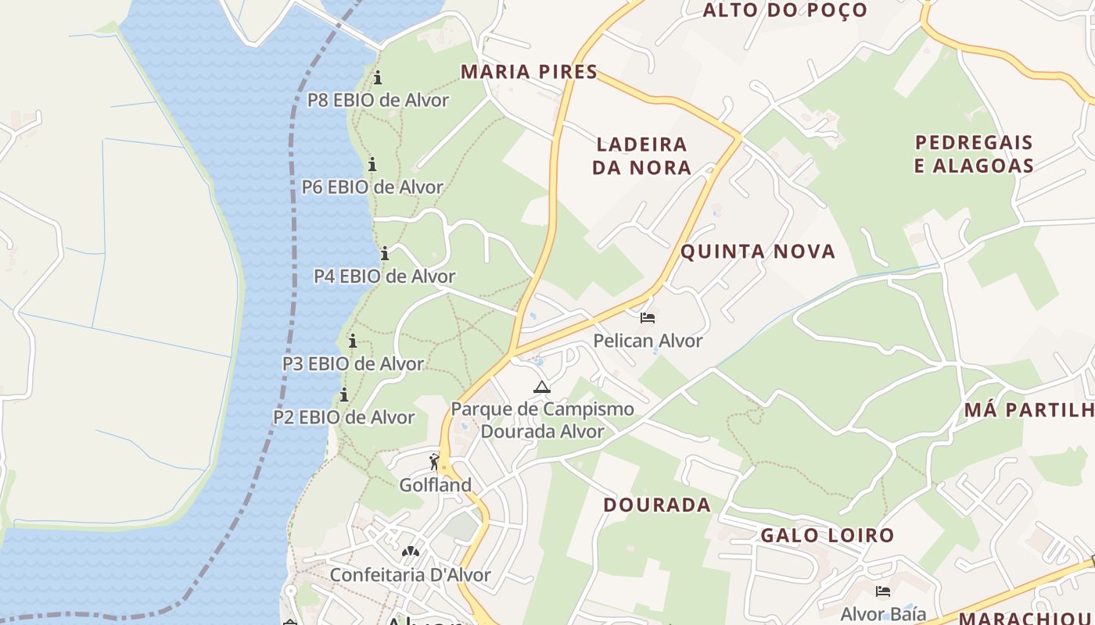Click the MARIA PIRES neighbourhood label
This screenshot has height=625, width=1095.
coord(529,72)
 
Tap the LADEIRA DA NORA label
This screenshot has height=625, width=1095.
coord(641,155)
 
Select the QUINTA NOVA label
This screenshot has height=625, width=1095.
coord(758,252)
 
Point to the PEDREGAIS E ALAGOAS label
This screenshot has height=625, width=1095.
coord(975,154)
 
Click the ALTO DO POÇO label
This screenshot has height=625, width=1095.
coord(784,10)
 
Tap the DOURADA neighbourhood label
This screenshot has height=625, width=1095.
coord(657,505)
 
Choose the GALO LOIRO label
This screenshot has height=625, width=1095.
coord(827,536)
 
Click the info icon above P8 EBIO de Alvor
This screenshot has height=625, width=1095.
coord(378,77)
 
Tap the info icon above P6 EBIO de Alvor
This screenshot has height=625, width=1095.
coord(372,164)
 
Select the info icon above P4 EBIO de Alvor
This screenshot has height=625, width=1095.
coord(384,253)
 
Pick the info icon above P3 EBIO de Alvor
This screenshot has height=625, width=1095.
coord(353,341)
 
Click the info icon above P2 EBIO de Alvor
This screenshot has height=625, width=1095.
coord(343,395)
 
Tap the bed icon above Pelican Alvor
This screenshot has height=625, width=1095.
coord(648,318)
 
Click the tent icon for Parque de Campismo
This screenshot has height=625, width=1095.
coord(541,387)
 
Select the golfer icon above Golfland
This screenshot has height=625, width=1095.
coord(435,462)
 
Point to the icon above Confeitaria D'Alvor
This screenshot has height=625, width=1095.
coord(410,552)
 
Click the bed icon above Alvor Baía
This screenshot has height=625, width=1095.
coord(883,591)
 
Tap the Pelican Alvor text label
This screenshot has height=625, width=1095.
coord(648,341)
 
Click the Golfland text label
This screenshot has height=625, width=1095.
coord(436,485)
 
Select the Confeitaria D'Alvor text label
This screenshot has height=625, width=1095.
coord(410,575)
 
